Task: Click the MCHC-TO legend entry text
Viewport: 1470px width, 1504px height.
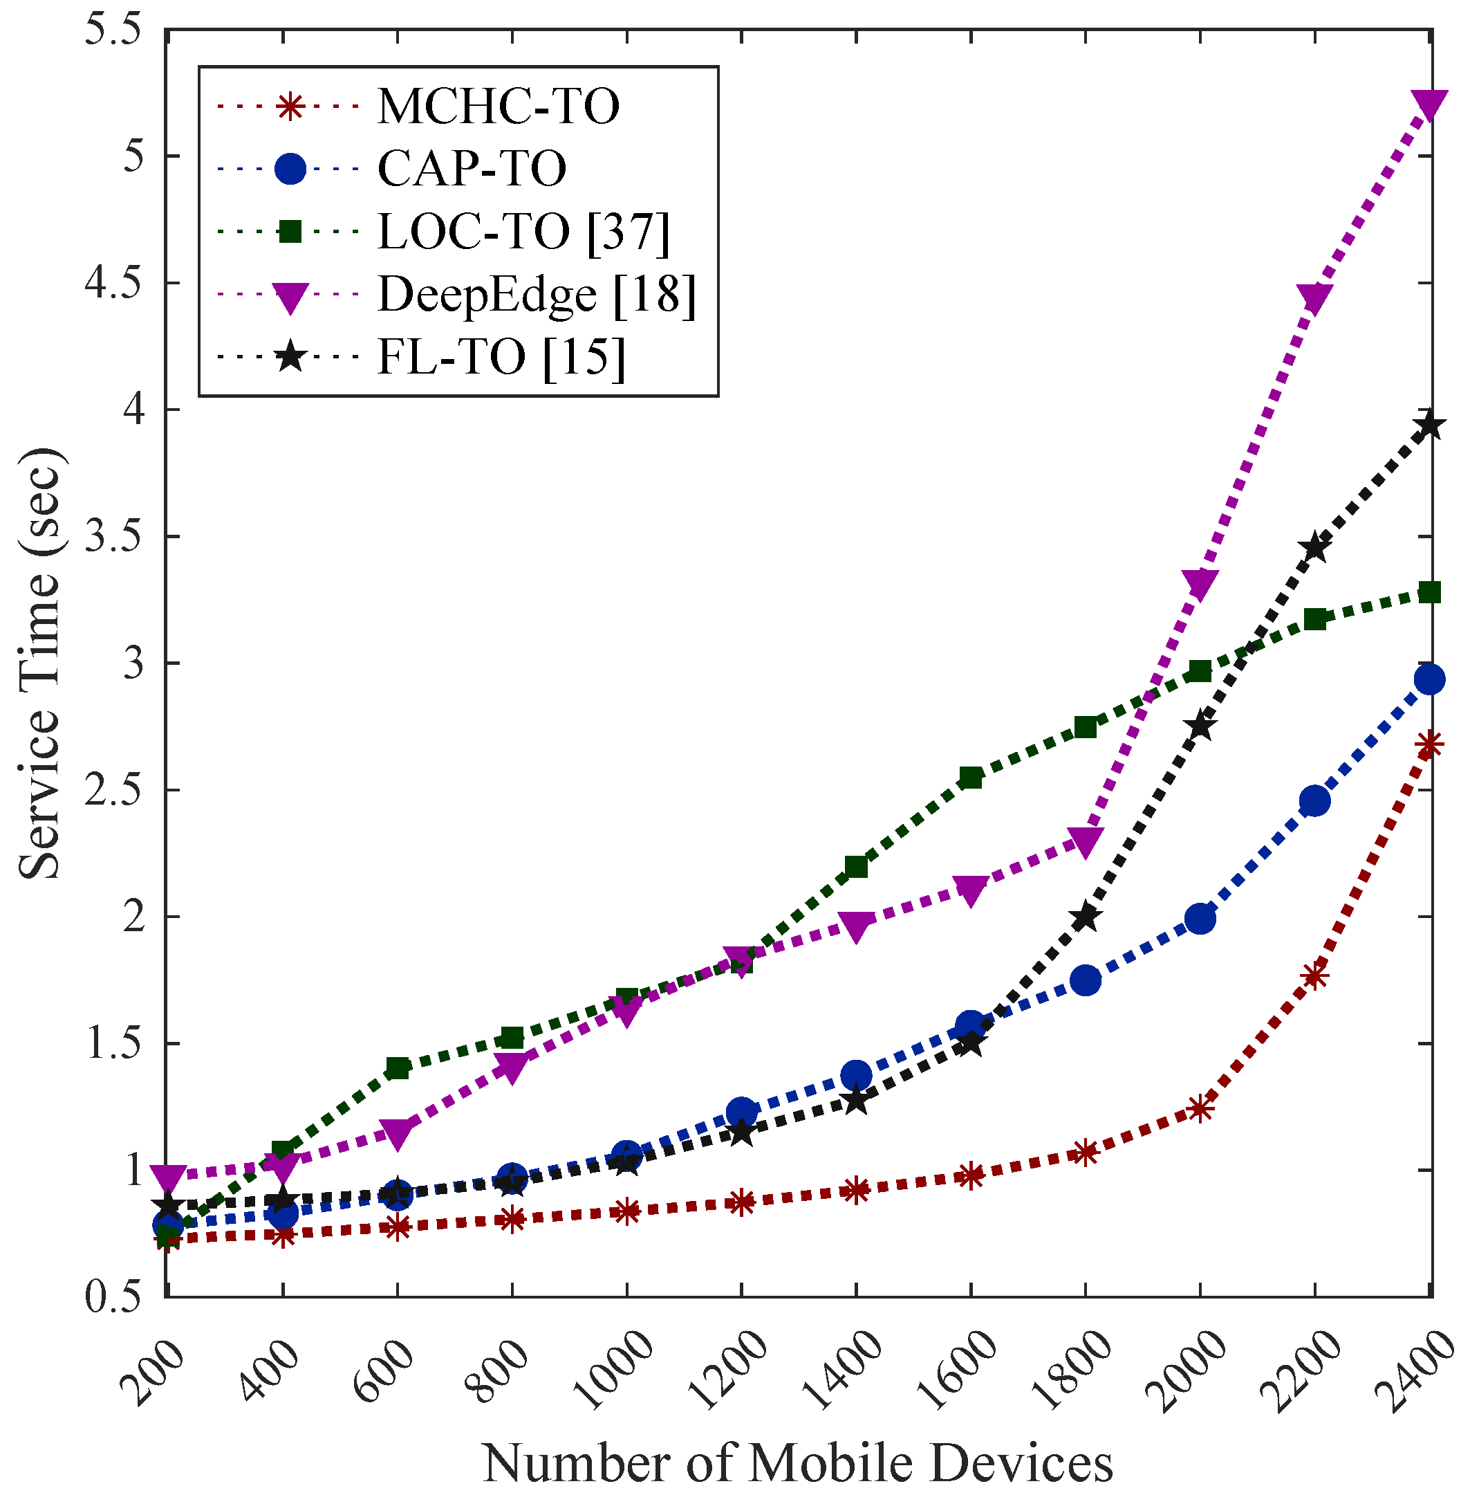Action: coord(498,106)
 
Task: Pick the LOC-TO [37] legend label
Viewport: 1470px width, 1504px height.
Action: coord(523,231)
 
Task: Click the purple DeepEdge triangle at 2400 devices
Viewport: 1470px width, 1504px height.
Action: coord(1429,104)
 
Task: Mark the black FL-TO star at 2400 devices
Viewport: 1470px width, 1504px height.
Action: coord(1429,425)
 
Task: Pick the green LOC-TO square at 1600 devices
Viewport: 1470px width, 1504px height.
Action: coord(971,777)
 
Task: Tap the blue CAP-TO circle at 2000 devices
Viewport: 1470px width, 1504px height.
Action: coord(1200,919)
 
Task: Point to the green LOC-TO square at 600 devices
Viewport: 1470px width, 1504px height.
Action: coord(398,1068)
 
